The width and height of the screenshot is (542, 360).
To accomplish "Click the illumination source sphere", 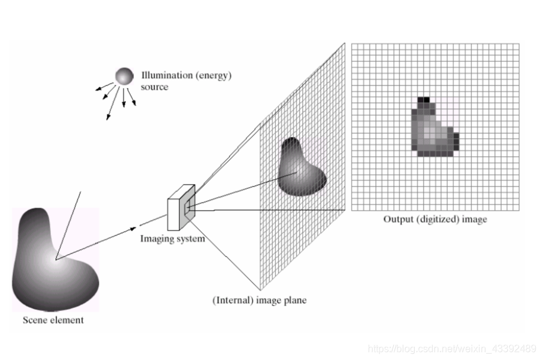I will (123, 76).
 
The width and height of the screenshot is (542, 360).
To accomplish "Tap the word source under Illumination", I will (154, 87).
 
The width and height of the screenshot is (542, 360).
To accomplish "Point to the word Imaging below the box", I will (156, 239).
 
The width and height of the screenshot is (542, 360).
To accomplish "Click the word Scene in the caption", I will (33, 320).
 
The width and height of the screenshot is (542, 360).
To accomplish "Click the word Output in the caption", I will (398, 219).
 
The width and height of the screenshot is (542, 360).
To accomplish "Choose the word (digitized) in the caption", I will (437, 219).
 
